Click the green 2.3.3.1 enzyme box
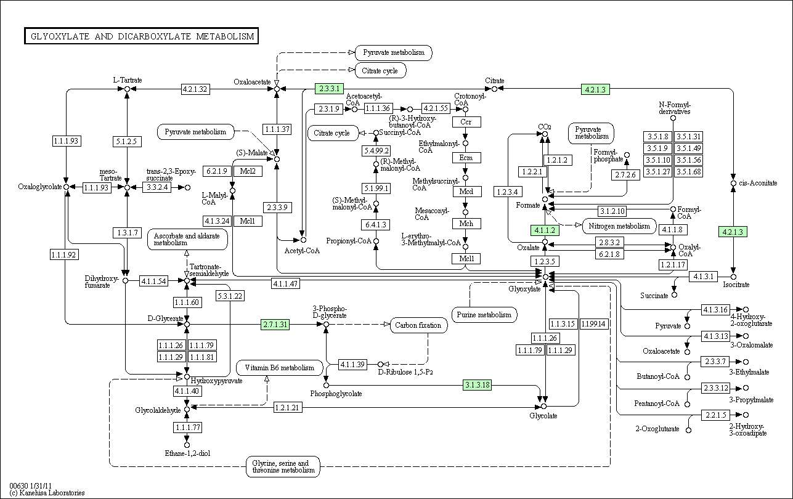pos(329,89)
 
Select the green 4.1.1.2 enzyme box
pos(545,230)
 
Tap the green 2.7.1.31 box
pos(275,325)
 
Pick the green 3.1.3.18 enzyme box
pos(477,384)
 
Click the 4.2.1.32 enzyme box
pos(195,89)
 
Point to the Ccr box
pos(466,122)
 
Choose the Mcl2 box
pos(248,171)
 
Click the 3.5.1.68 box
pos(689,172)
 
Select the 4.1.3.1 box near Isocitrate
pos(703,277)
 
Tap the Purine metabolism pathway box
pos(484,315)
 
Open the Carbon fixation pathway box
pos(418,325)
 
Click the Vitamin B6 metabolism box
pos(280,368)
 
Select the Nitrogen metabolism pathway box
pos(619,226)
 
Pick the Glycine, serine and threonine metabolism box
pos(283,466)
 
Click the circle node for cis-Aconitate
pos(733,184)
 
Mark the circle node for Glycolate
pos(544,406)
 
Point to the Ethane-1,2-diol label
pos(188,453)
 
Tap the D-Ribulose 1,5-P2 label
pos(405,372)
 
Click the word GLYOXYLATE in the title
pos(60,36)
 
